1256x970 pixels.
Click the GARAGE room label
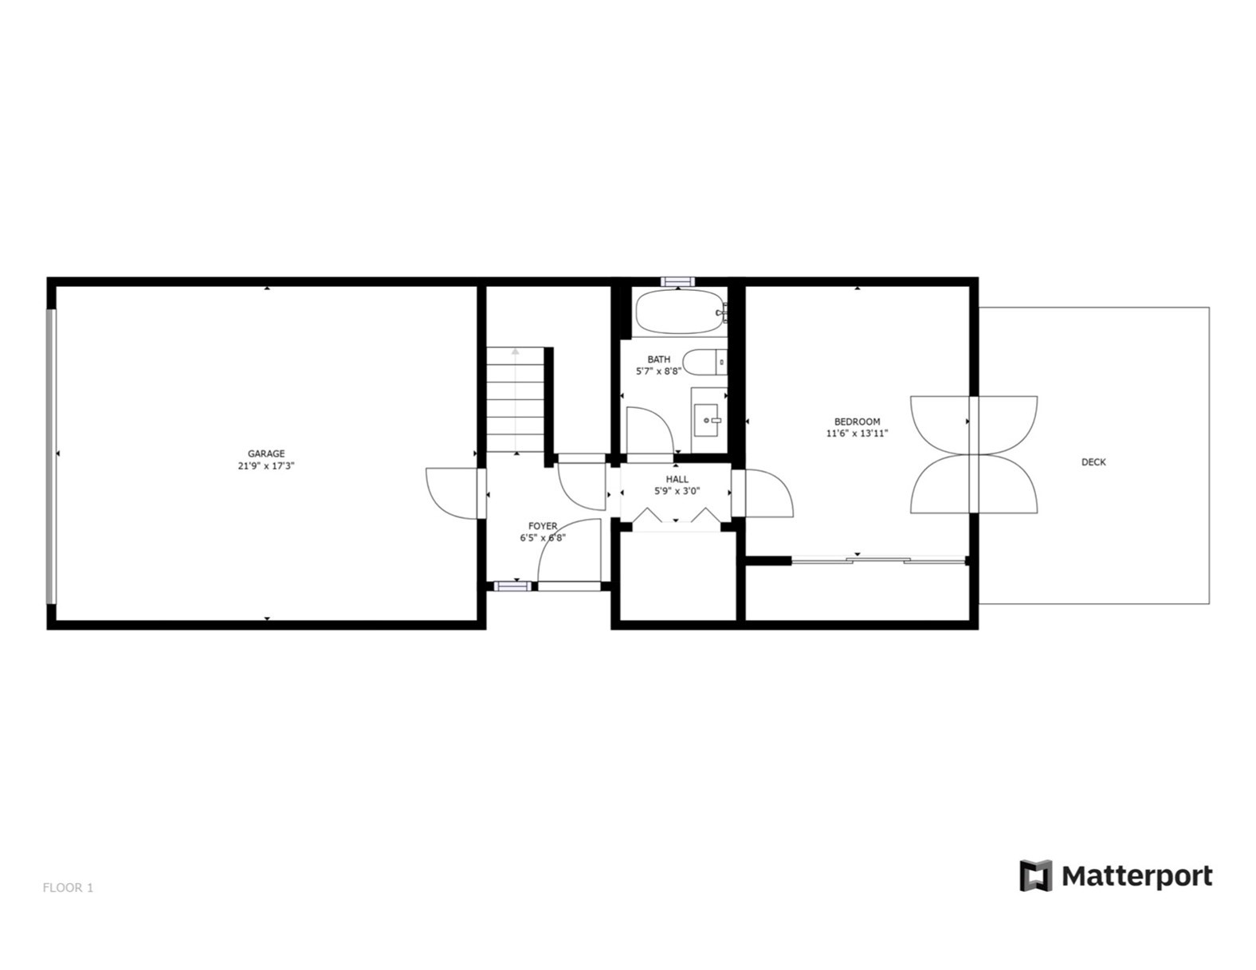265,454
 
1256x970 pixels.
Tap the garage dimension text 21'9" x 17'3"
265,466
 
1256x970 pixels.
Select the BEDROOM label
857,422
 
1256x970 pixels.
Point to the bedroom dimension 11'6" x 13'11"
857,434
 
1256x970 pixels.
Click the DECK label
1093,462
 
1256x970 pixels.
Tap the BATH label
658,359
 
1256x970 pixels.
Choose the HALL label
677,479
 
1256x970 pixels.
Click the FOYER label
543,526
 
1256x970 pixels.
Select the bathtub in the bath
679,312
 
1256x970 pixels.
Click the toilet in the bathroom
705,363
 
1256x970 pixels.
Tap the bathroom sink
707,419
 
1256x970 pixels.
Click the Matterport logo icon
1035,875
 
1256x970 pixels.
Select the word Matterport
1137,876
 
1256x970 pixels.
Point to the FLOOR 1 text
68,887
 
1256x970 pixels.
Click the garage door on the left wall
51,455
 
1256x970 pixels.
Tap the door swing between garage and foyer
453,493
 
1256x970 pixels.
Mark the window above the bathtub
678,281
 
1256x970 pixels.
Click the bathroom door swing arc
649,430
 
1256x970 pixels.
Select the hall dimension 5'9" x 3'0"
677,491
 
